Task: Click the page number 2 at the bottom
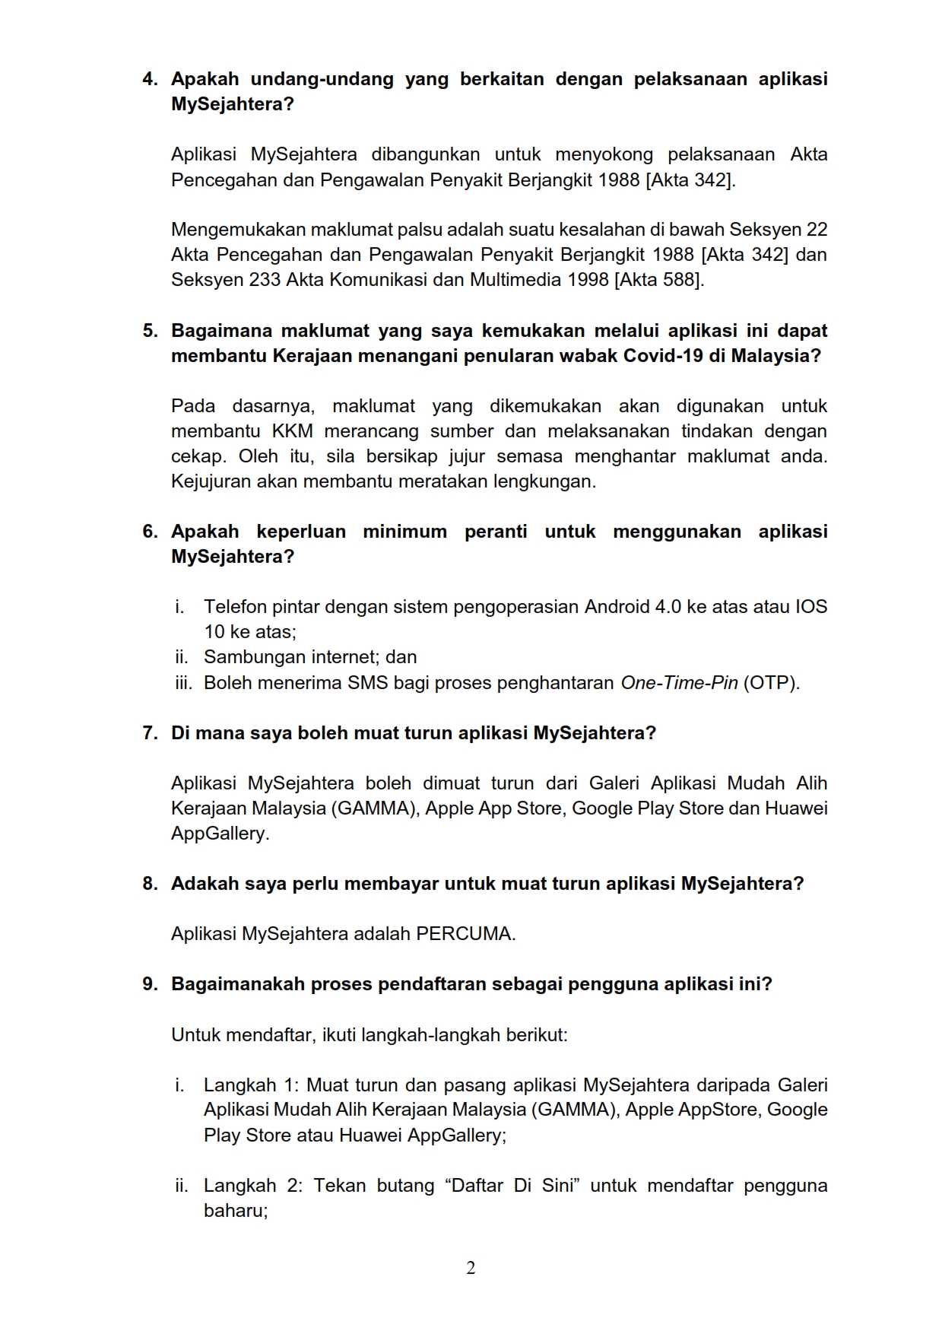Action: [471, 1268]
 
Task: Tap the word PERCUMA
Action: [465, 934]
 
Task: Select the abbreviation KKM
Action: [292, 431]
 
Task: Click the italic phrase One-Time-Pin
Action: [679, 683]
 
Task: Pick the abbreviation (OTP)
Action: [771, 683]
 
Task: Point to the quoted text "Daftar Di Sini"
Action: [513, 1186]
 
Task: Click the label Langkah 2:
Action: [253, 1186]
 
